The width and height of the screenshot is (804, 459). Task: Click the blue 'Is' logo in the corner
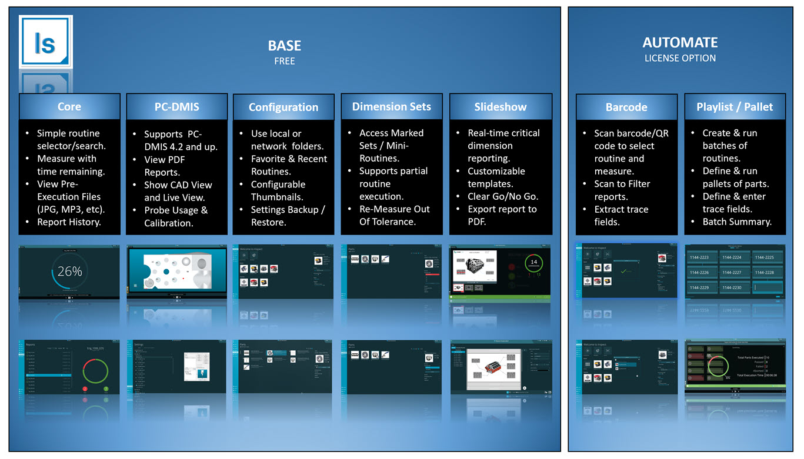45,42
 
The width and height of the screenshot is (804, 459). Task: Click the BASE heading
284,46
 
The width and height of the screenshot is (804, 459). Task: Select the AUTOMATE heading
680,42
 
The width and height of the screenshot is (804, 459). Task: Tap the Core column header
69,107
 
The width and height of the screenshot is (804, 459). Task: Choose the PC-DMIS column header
177,107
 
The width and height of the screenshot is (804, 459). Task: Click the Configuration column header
283,107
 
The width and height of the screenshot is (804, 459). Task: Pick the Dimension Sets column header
391,106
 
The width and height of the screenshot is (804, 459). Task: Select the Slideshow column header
500,107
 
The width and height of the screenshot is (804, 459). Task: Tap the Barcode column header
626,107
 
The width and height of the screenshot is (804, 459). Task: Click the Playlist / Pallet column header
735,107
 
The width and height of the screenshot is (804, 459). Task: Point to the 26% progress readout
69,272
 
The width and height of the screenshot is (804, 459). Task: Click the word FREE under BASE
284,61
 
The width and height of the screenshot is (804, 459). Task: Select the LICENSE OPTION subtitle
680,58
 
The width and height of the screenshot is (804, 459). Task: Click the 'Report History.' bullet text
69,222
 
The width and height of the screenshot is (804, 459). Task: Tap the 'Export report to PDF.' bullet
502,215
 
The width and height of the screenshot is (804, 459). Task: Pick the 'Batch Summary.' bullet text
736,222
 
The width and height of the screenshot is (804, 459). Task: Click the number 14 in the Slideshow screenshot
533,262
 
